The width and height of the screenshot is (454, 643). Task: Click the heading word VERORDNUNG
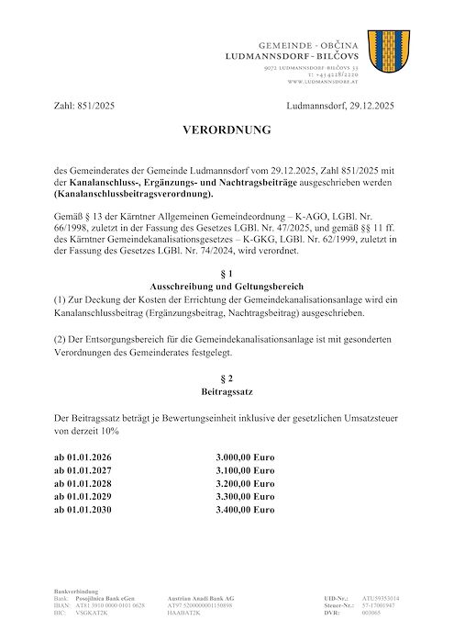227,130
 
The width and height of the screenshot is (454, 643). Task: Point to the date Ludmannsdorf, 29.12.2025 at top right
339,107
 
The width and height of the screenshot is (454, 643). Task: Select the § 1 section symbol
227,274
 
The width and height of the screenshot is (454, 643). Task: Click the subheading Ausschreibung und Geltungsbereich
227,287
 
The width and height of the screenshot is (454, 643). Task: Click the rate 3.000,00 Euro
245,457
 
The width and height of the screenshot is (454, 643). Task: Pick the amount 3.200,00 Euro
245,482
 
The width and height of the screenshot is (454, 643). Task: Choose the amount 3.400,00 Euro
245,508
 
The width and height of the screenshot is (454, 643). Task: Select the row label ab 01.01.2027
86,469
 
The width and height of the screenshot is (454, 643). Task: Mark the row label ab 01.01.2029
86,495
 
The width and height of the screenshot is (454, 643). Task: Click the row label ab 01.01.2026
86,457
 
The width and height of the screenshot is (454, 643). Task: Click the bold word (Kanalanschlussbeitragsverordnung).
133,196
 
